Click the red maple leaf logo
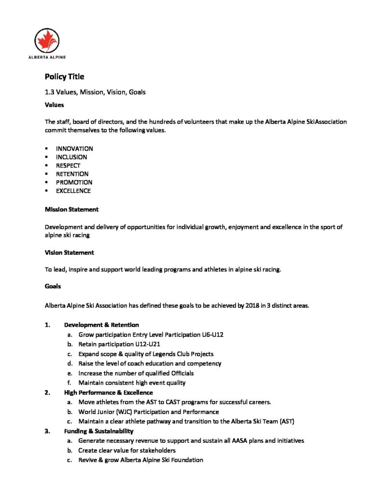47,40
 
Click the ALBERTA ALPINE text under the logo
47,57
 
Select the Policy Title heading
64,76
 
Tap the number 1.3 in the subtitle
50,92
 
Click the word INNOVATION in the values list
74,149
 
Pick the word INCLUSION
71,157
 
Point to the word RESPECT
68,165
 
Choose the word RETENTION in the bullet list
72,174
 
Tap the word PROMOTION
74,182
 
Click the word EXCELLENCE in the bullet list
73,191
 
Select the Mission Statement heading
71,209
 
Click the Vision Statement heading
69,252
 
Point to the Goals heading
53,286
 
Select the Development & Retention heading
101,325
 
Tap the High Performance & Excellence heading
108,393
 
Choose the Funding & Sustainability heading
99,431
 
